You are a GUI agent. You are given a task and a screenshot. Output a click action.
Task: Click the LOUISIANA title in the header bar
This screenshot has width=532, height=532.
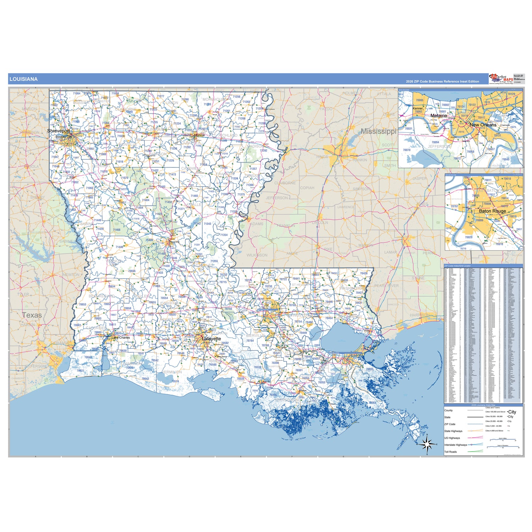23,79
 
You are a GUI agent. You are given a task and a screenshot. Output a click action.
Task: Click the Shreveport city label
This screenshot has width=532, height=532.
59,131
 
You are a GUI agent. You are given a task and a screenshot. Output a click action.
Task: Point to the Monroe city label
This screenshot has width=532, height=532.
199,135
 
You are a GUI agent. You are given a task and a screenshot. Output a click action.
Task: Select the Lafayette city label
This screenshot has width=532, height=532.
211,339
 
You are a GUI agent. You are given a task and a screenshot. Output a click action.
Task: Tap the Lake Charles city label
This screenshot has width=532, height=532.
121,338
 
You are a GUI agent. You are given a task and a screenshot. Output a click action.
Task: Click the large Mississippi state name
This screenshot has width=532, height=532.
378,131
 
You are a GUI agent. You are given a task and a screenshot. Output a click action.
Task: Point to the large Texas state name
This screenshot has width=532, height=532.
32,315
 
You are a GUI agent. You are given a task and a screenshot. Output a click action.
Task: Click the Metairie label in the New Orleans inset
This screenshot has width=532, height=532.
439,116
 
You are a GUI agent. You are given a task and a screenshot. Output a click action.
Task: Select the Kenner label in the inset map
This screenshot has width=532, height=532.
418,108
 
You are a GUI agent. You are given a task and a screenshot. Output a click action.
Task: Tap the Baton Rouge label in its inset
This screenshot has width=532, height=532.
492,211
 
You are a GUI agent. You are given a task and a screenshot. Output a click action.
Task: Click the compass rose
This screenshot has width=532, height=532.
427,444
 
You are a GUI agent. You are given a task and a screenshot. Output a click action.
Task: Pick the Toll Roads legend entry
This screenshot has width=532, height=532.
450,452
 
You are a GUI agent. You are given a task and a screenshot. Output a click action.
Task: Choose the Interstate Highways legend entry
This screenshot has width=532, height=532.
455,445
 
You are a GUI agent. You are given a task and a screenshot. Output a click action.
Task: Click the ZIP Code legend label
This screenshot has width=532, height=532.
450,424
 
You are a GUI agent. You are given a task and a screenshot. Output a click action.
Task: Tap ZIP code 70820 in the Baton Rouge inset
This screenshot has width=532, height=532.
469,237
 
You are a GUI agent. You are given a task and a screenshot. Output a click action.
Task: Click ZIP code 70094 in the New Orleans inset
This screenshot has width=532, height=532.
435,142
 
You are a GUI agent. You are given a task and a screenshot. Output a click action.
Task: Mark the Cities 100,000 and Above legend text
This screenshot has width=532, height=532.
495,412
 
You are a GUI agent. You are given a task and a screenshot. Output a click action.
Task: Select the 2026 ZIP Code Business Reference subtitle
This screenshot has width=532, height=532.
442,82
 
